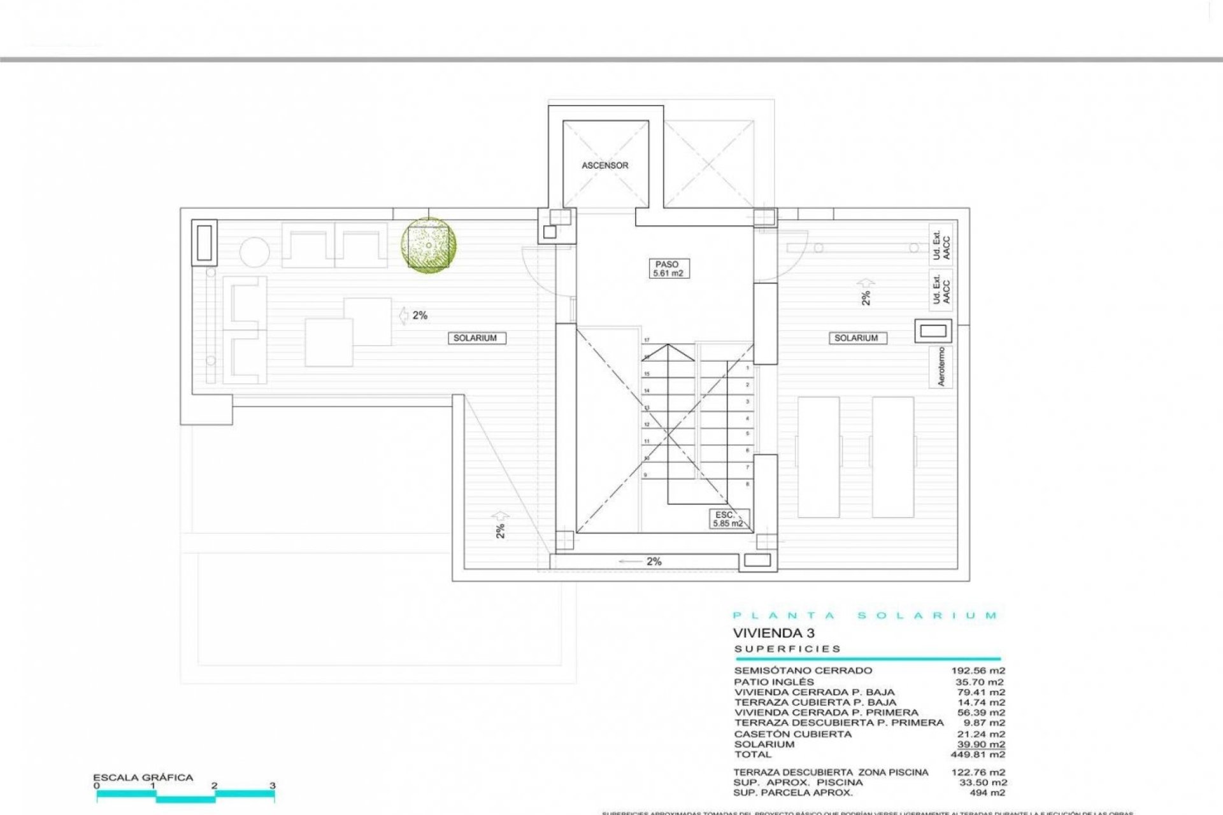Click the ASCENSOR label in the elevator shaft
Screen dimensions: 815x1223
click(604, 166)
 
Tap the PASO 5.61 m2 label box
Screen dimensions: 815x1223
click(667, 269)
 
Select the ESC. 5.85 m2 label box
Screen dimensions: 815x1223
click(728, 519)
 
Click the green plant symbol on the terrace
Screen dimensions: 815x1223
click(428, 246)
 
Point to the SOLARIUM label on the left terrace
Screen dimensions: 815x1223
click(475, 338)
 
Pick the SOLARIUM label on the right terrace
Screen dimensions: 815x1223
click(855, 338)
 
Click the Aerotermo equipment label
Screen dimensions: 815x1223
click(941, 367)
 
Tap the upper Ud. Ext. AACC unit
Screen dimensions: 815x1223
click(941, 244)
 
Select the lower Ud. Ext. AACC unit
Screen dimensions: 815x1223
click(941, 288)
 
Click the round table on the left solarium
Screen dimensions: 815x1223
click(255, 253)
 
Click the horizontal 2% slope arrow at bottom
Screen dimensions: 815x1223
click(643, 562)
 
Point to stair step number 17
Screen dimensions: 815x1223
click(647, 341)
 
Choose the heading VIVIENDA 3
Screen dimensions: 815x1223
click(773, 633)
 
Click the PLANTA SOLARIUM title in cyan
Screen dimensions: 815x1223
click(865, 616)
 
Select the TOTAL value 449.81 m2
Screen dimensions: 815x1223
click(981, 755)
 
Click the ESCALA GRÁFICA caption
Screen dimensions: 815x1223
click(143, 777)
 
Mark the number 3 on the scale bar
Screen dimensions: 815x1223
click(273, 786)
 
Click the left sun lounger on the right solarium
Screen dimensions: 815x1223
click(819, 457)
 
